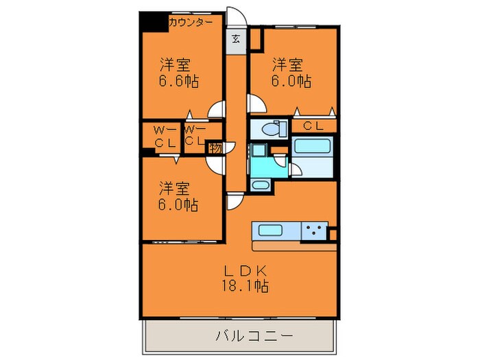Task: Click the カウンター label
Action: pos(190,21)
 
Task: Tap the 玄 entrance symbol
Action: pos(235,38)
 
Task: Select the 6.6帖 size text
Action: pos(180,81)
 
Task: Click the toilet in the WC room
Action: pos(272,129)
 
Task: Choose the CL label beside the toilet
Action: pos(314,125)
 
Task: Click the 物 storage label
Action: pos(215,147)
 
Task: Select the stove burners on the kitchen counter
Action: pos(315,231)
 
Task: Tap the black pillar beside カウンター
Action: pos(153,22)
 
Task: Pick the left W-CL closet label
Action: pos(163,136)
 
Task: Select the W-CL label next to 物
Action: pos(194,135)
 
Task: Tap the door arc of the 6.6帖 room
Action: pos(217,110)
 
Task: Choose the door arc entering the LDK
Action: pos(234,201)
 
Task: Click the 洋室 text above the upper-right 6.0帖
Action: pos(288,65)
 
